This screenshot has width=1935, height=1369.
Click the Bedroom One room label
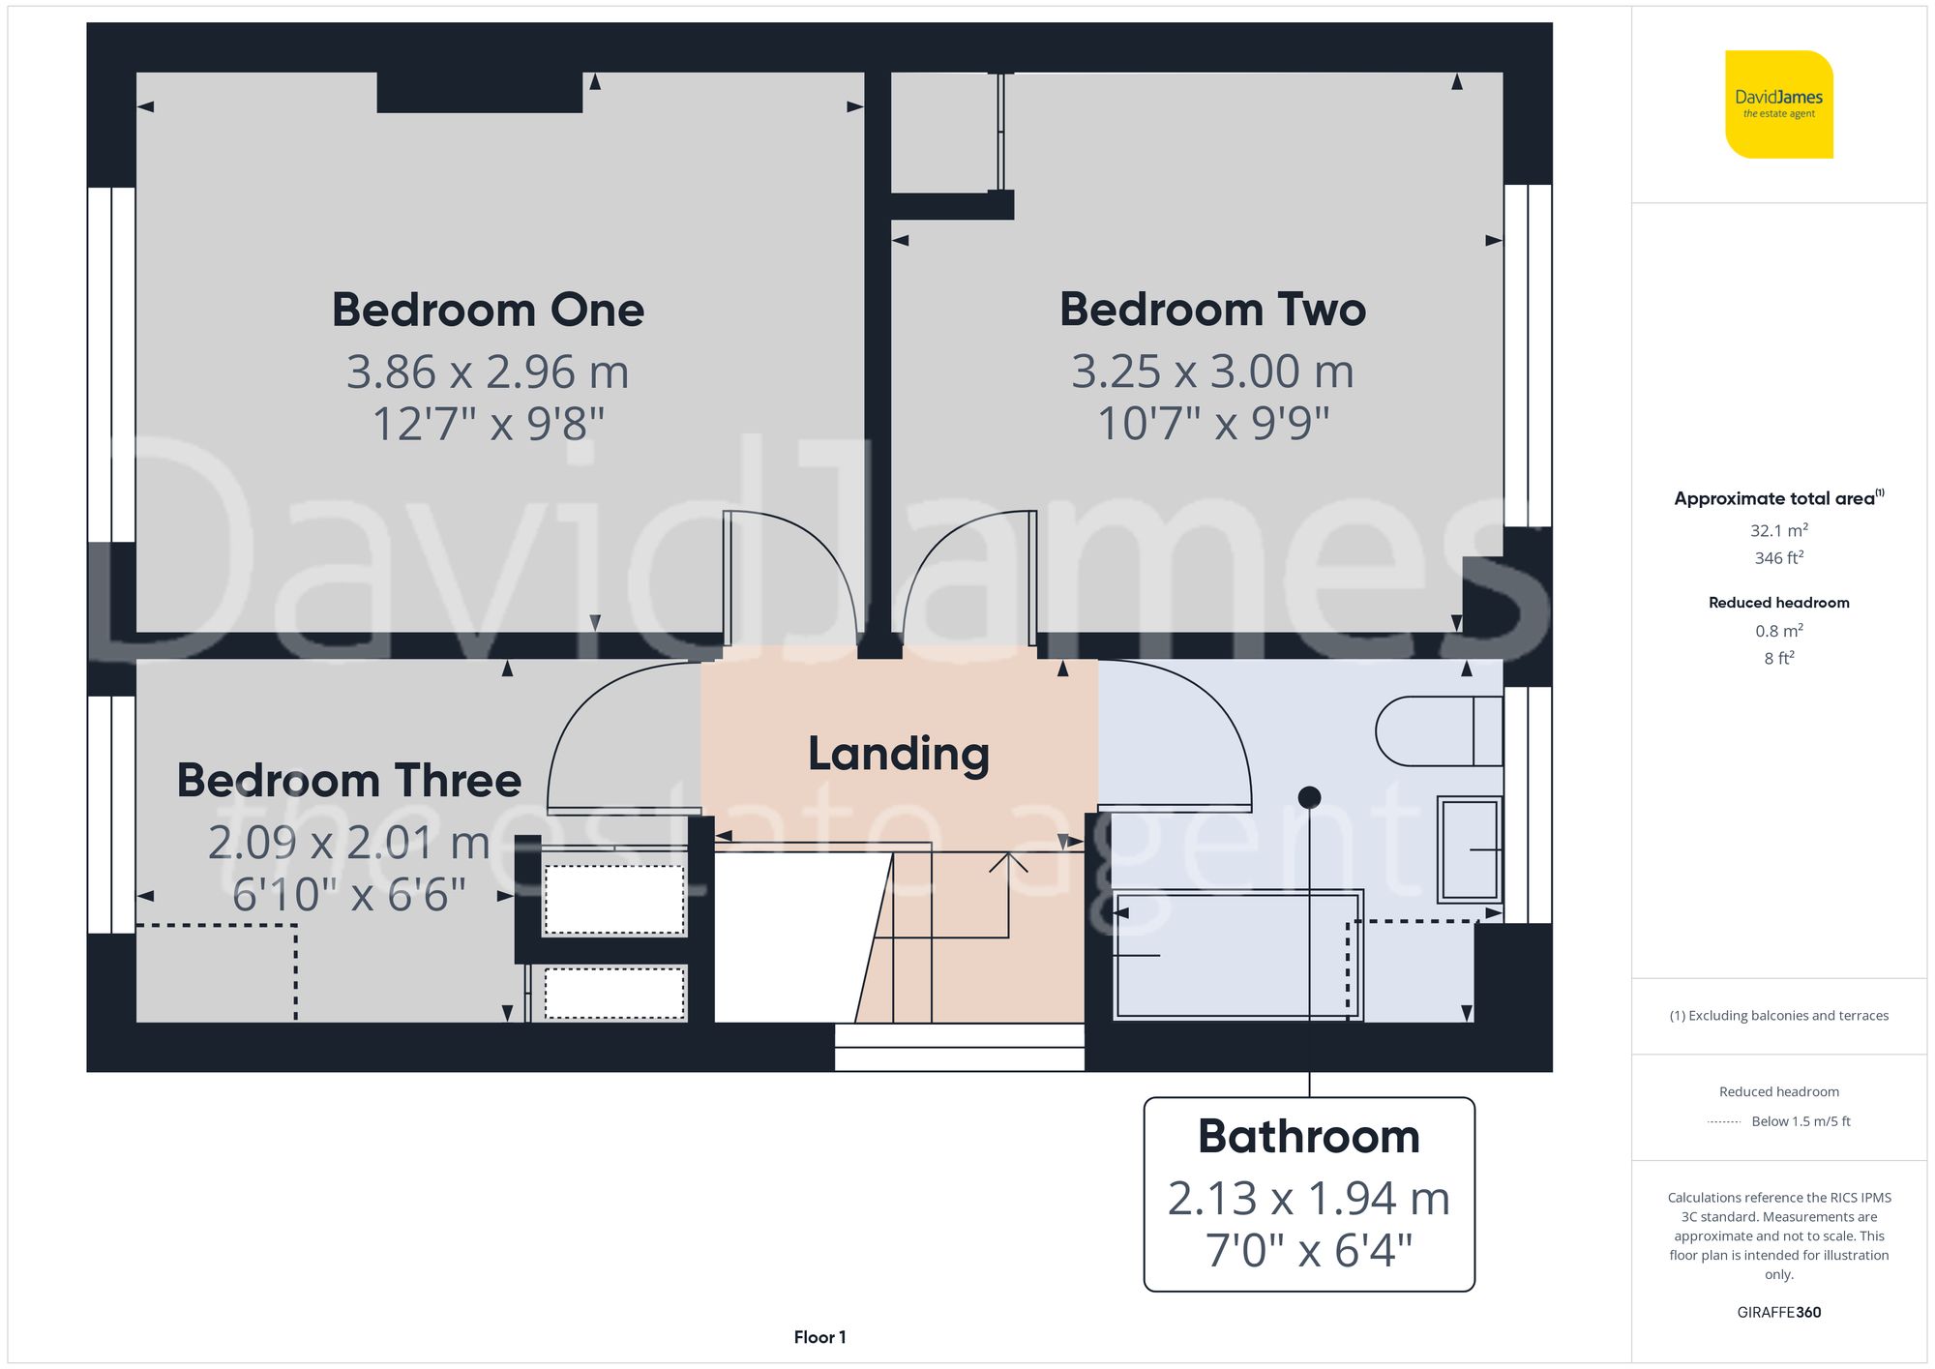point(488,310)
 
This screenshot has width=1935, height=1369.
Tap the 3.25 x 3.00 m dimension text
point(1212,372)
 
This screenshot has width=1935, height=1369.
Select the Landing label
point(899,754)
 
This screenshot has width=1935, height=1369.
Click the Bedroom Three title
point(348,780)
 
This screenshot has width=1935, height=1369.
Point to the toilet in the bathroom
point(1438,730)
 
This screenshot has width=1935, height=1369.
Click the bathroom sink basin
point(1469,849)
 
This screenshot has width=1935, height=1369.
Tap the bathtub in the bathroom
point(1236,956)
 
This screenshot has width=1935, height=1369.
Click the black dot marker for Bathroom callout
point(1309,797)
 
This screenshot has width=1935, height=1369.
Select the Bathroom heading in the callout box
point(1309,1136)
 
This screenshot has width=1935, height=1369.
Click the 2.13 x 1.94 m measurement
point(1309,1199)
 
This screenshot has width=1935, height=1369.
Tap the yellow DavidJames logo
point(1778,104)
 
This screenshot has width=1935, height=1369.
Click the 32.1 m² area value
point(1778,530)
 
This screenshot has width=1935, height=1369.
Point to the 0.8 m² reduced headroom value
point(1778,631)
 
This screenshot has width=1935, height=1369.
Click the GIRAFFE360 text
point(1778,1312)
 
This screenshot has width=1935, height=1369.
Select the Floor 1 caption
point(819,1337)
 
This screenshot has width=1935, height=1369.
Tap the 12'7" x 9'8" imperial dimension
point(488,424)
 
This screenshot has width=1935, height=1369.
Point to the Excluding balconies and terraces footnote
point(1778,1015)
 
